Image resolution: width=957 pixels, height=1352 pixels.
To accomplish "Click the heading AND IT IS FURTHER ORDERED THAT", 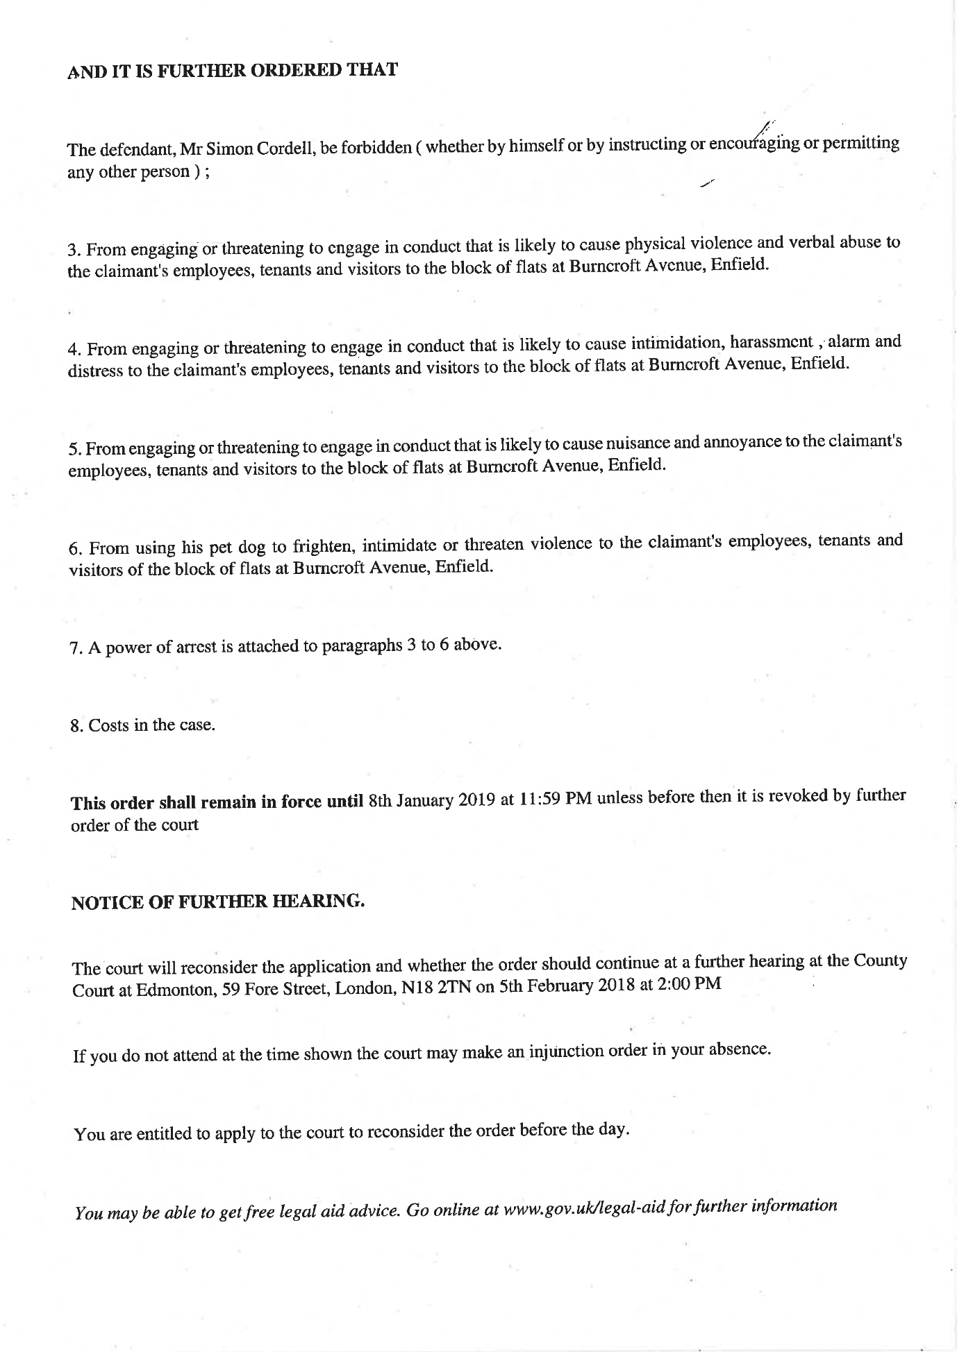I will (x=232, y=71).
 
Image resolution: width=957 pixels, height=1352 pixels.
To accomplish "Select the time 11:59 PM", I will (x=555, y=800).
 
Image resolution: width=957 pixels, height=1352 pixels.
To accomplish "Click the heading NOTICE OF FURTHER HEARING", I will (x=218, y=902).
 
